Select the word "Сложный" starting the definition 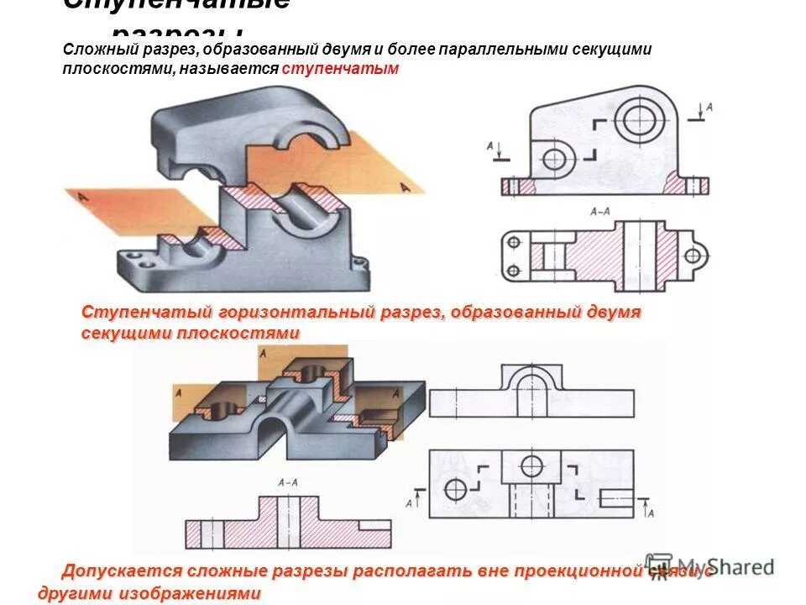[x=92, y=50]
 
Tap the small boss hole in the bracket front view [x=555, y=157]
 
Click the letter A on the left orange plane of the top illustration [x=81, y=197]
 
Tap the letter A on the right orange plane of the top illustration [x=407, y=187]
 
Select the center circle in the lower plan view [x=531, y=466]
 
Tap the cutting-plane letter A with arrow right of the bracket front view [x=708, y=108]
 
